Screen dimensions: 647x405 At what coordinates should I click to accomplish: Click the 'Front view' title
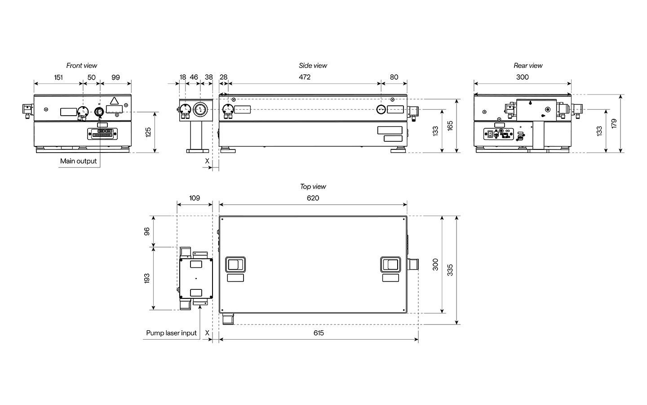(x=82, y=66)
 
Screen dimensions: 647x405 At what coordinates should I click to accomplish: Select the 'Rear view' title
(x=528, y=66)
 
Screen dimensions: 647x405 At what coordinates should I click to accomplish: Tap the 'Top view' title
(x=313, y=187)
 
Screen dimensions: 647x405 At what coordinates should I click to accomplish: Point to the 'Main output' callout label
(x=78, y=161)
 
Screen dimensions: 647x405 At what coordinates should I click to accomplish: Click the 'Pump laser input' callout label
(x=171, y=333)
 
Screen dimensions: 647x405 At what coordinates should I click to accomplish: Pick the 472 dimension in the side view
(x=305, y=77)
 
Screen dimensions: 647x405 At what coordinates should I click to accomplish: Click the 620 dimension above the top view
(x=313, y=198)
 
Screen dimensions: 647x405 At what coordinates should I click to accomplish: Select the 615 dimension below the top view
(x=319, y=333)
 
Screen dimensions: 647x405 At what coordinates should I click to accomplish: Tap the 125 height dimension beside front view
(x=148, y=132)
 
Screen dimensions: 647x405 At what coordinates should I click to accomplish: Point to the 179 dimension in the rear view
(x=614, y=123)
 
